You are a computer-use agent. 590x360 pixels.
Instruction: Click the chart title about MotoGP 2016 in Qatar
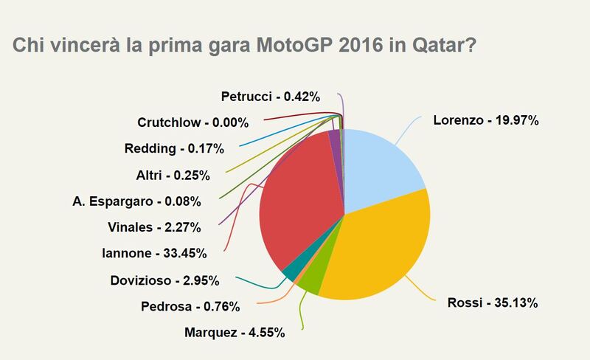(243, 45)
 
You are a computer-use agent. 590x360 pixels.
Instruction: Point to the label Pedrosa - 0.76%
(204, 305)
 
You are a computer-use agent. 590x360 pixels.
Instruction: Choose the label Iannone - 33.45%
(153, 253)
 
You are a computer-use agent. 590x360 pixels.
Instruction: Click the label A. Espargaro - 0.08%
(136, 201)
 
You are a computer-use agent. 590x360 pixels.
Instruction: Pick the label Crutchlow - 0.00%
(192, 122)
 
